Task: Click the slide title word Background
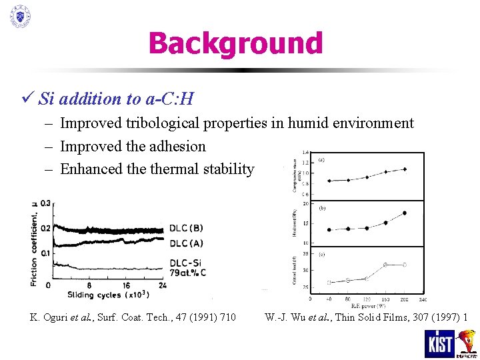click(x=235, y=43)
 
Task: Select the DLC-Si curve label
click(x=188, y=262)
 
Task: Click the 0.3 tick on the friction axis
click(x=45, y=203)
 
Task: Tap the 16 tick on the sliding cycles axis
click(x=127, y=285)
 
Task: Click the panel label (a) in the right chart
click(x=322, y=159)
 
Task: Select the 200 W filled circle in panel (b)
click(x=405, y=213)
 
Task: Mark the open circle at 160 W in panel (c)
click(x=386, y=265)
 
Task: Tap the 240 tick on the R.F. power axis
click(x=423, y=299)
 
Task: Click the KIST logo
click(x=439, y=343)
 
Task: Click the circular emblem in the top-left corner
click(x=20, y=16)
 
